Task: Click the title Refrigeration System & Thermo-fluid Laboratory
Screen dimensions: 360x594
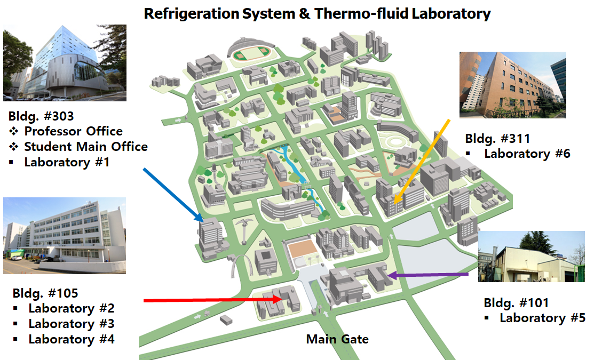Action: click(317, 14)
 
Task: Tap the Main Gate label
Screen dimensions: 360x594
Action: click(337, 339)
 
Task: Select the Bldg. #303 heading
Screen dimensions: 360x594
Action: click(41, 116)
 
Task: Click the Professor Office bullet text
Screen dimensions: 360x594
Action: click(73, 131)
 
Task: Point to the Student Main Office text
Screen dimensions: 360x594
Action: click(85, 146)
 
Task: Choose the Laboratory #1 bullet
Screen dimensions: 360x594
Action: click(66, 162)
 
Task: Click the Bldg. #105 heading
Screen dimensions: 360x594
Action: click(45, 293)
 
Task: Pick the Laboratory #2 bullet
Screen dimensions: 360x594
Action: click(71, 308)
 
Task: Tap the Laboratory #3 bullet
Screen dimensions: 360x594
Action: click(71, 324)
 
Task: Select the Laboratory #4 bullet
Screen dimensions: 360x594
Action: click(71, 339)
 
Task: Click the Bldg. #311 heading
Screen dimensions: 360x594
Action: click(497, 139)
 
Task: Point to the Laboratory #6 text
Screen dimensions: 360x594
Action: click(527, 154)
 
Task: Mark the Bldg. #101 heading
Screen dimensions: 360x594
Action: click(516, 303)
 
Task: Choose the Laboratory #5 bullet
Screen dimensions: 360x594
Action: click(542, 318)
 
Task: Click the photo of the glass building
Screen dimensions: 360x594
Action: click(65, 62)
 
